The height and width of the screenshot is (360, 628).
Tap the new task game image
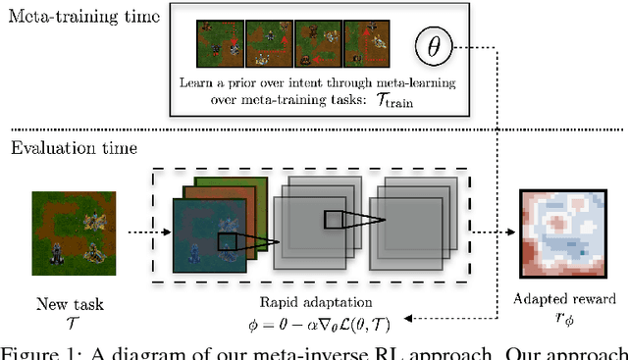tap(69, 231)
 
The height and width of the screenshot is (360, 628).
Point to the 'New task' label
tap(70, 305)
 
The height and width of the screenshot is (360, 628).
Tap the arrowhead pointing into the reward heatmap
tap(516, 234)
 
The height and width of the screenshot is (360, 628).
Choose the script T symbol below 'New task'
tap(69, 322)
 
